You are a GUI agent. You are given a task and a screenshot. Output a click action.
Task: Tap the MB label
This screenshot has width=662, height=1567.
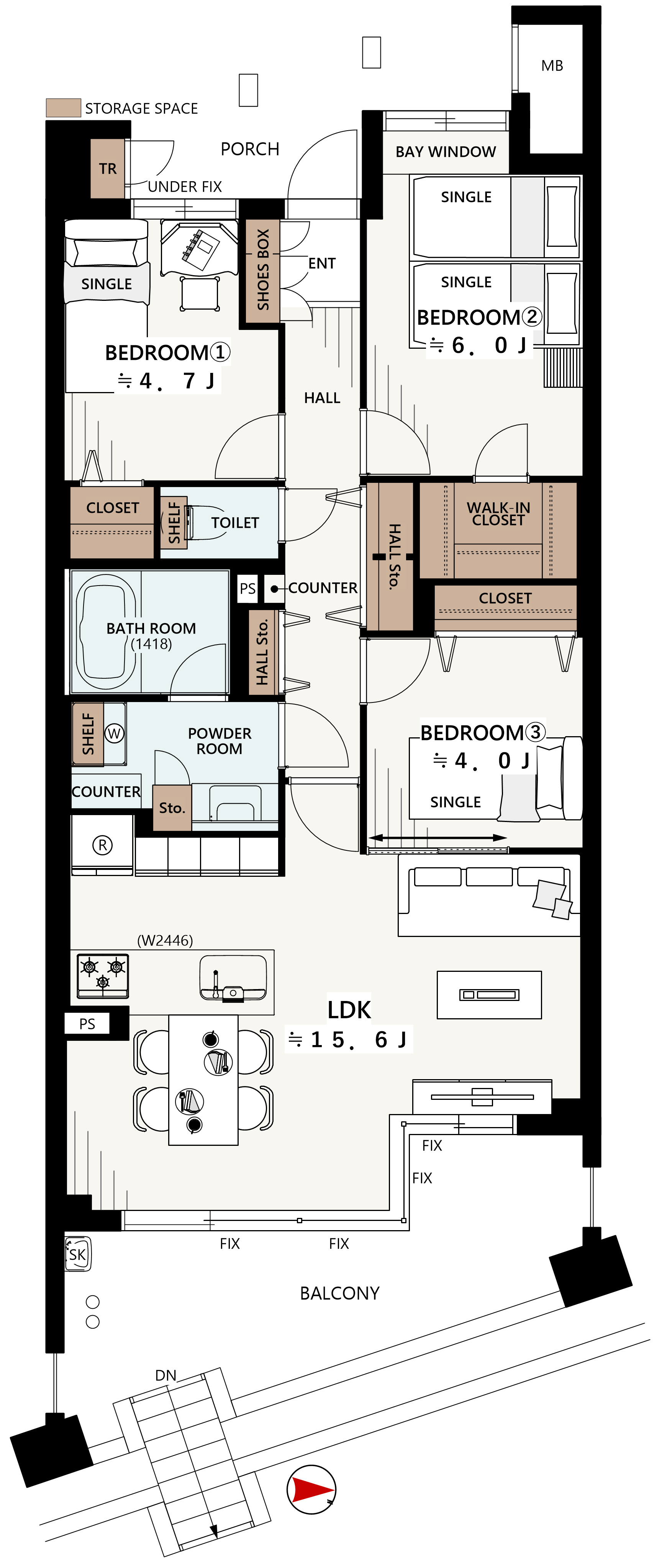tap(552, 66)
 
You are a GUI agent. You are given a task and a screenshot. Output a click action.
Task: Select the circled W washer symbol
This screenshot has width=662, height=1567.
tap(114, 733)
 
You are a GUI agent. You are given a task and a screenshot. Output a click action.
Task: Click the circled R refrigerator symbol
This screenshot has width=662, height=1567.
tap(102, 845)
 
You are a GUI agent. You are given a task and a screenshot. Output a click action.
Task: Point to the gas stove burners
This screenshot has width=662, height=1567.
tap(103, 976)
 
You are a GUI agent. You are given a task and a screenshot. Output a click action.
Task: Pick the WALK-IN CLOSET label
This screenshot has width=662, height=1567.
tap(498, 514)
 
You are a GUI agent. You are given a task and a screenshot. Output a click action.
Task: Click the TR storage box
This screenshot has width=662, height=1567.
tap(108, 169)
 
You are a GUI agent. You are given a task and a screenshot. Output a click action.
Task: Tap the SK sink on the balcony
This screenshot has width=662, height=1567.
tap(77, 1254)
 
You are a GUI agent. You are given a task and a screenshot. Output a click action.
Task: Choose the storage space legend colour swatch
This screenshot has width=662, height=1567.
tap(63, 108)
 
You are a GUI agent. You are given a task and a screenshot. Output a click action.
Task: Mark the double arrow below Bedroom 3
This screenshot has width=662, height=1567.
tap(437, 838)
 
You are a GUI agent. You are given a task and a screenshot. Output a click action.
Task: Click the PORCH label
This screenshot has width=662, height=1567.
tap(250, 149)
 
